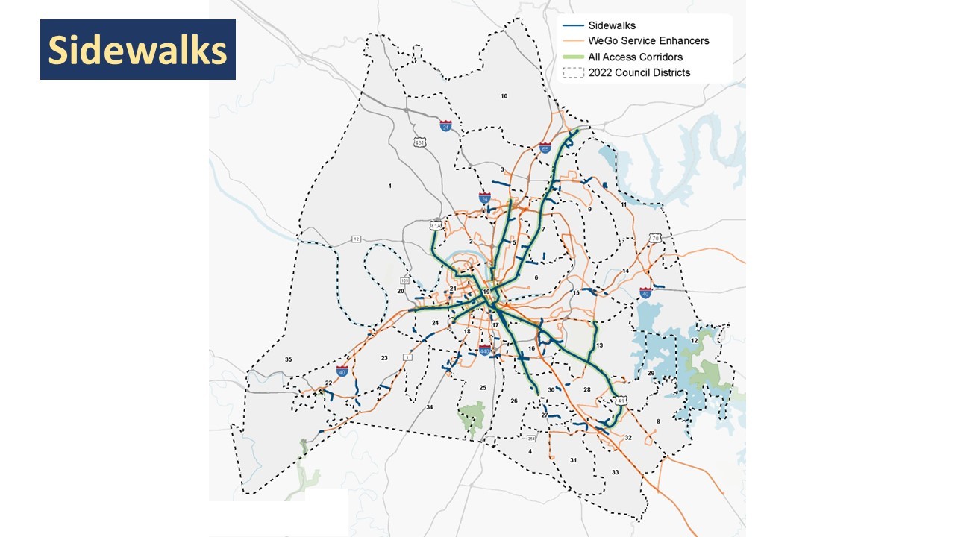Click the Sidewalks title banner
point(137,50)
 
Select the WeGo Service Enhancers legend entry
point(648,41)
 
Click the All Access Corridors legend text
point(635,57)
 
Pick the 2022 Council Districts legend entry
point(639,72)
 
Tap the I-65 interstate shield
point(545,148)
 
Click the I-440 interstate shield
point(485,351)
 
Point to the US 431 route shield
point(420,142)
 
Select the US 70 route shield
point(655,238)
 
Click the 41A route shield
point(436,224)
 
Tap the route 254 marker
point(531,438)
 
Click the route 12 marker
point(356,239)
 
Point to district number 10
point(504,96)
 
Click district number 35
point(288,359)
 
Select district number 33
point(615,473)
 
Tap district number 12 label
point(694,340)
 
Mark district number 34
point(429,408)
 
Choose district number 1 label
point(390,185)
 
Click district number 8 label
point(657,422)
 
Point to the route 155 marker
point(405,280)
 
